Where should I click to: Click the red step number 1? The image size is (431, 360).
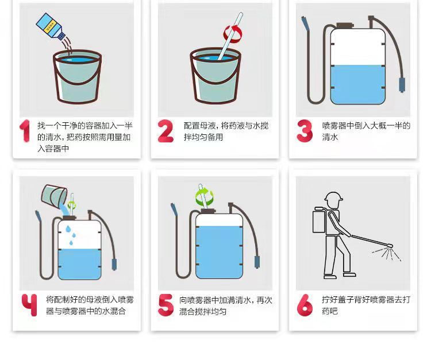pyautogui.click(x=25, y=131)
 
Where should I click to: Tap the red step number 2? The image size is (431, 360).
pyautogui.click(x=166, y=131)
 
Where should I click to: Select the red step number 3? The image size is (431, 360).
pyautogui.click(x=305, y=131)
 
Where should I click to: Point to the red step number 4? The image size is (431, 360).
pyautogui.click(x=29, y=305)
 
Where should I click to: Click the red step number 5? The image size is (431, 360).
pyautogui.click(x=166, y=305)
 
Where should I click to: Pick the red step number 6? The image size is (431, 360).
pyautogui.click(x=305, y=305)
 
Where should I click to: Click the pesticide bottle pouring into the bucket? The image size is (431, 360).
pyautogui.click(x=51, y=26)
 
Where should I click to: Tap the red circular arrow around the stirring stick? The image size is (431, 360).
pyautogui.click(x=233, y=34)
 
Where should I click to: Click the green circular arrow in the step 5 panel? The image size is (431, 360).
pyautogui.click(x=204, y=196)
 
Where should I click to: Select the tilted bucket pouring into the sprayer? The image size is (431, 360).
pyautogui.click(x=54, y=196)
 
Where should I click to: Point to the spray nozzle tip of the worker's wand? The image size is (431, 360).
pyautogui.click(x=391, y=246)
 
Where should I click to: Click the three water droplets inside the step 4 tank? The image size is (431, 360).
pyautogui.click(x=71, y=235)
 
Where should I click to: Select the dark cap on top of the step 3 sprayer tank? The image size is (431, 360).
pyautogui.click(x=345, y=25)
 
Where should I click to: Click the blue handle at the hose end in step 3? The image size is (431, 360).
pyautogui.click(x=402, y=85)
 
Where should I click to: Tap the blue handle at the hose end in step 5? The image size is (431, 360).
pyautogui.click(x=257, y=262)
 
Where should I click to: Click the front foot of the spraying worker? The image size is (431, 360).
pyautogui.click(x=349, y=274)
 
